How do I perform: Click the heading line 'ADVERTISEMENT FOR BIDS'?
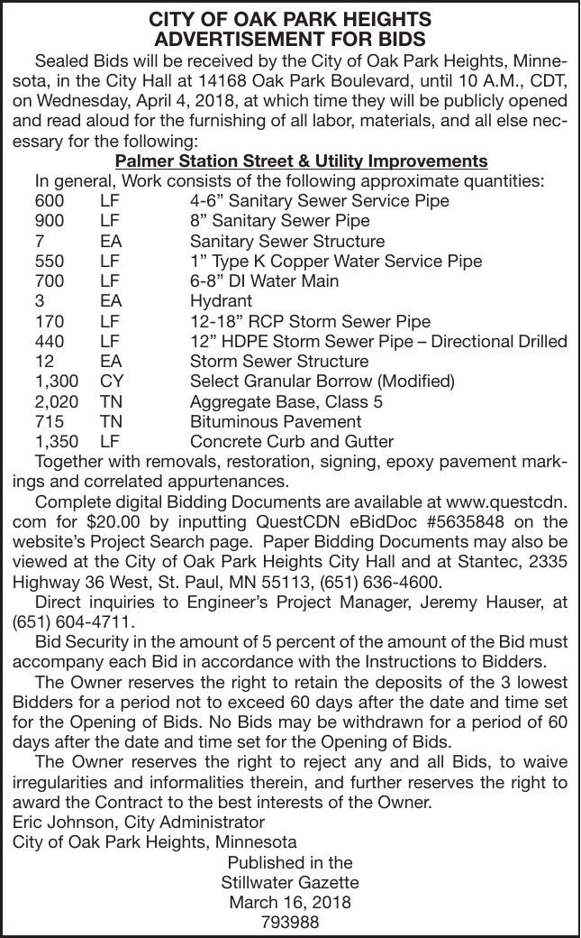point(290,40)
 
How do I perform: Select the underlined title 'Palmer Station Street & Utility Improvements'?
point(302,161)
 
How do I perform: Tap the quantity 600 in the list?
point(50,201)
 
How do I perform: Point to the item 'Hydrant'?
point(221,301)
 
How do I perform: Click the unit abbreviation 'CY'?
point(112,382)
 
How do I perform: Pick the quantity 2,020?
point(56,401)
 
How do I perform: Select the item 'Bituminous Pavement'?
point(276,421)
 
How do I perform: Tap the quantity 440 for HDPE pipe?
point(50,342)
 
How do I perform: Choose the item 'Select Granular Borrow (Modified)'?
point(322,382)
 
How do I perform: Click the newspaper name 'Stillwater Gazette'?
point(290,882)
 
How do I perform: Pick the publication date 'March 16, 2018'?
point(290,902)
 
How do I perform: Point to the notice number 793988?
point(290,922)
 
